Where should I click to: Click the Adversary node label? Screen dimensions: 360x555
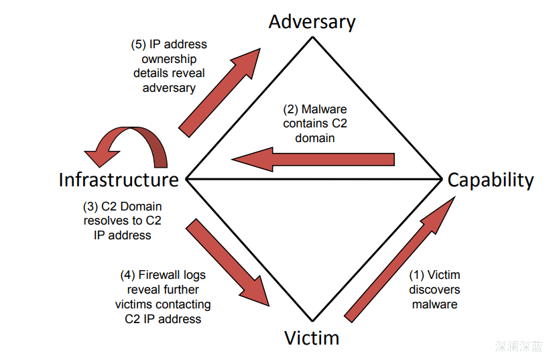312,21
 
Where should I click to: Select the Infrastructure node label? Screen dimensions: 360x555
119,180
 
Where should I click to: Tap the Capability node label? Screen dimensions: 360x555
491,180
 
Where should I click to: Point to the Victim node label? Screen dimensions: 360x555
312,337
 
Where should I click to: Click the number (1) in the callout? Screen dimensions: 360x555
417,275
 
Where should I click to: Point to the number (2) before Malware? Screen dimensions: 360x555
290,109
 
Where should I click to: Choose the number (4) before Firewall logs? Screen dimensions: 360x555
127,275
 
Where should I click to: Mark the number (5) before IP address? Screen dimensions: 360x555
138,45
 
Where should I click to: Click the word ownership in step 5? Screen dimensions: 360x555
169,59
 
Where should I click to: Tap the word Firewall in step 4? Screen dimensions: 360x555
160,275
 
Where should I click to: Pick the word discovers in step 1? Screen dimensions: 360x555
434,290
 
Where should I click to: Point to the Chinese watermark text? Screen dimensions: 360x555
519,347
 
